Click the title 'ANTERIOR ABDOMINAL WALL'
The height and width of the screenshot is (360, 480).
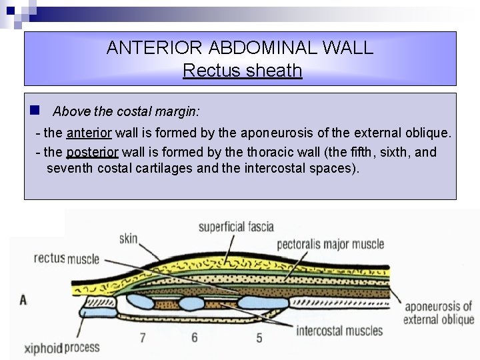point(240,48)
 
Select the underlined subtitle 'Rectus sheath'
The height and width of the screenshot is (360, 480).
point(242,70)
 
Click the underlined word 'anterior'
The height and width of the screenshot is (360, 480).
point(90,133)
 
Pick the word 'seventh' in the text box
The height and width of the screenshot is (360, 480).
point(70,167)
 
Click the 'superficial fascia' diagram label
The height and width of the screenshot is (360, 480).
point(236,227)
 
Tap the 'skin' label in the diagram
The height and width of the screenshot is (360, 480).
point(129,238)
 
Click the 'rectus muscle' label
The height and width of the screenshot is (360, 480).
point(66,258)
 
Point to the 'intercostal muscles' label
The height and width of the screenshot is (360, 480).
point(339,330)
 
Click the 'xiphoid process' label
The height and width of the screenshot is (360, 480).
point(61,347)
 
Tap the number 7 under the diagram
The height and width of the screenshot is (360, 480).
point(143,337)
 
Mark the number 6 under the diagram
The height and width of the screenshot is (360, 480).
point(195,337)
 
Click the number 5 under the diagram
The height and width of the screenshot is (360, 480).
point(259,337)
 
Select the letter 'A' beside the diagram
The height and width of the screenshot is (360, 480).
point(23,300)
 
